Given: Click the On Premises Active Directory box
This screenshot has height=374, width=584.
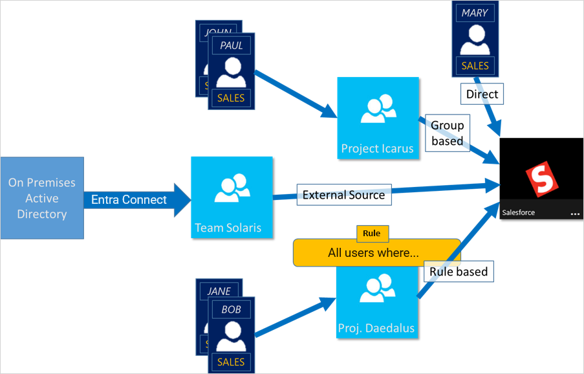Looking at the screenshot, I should click(x=42, y=198).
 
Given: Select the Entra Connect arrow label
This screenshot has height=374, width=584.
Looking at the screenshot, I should click(x=129, y=199).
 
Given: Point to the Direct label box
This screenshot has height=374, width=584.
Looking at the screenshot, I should click(x=482, y=94).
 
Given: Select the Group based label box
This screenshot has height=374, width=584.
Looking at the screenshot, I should click(x=447, y=133).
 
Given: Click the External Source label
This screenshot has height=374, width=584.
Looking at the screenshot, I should click(x=343, y=194).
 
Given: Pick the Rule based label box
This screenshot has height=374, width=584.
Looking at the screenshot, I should click(x=459, y=272).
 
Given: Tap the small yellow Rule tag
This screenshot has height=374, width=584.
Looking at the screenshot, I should click(x=372, y=233).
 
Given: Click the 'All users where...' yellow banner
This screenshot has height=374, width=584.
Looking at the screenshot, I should click(x=373, y=252).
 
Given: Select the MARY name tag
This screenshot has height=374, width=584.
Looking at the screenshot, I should click(x=475, y=12).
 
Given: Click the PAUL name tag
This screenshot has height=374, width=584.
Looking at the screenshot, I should click(x=231, y=45).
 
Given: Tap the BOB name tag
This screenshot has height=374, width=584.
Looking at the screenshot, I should click(x=231, y=309).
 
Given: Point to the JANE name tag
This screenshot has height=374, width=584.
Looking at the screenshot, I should click(x=219, y=291).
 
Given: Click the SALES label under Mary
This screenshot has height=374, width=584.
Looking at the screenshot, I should click(x=475, y=65).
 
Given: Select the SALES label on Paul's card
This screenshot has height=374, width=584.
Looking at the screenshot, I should click(x=231, y=98).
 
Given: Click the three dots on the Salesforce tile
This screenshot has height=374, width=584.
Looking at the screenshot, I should click(x=575, y=212).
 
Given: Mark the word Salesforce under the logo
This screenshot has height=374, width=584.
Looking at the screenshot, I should click(x=519, y=212).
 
